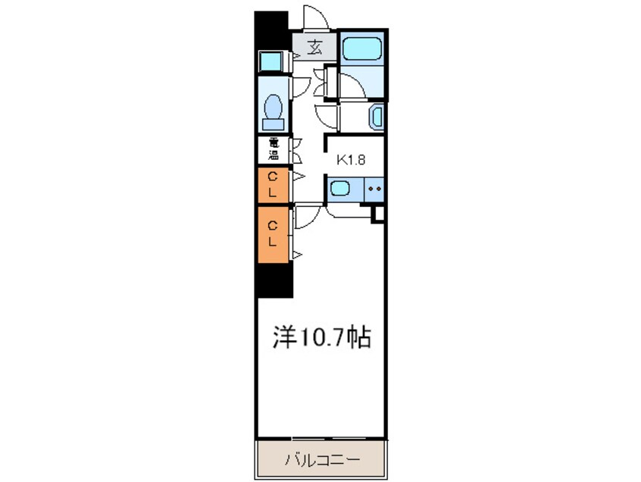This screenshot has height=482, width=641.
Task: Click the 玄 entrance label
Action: (314, 47)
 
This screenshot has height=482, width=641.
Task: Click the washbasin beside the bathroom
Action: (376, 117)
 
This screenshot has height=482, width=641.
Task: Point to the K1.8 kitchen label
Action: (351, 160)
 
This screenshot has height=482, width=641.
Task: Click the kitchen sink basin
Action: (341, 189)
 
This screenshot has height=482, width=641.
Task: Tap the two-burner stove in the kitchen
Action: (374, 188)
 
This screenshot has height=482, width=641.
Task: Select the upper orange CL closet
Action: (274, 186)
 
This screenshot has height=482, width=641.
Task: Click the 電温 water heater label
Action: (273, 149)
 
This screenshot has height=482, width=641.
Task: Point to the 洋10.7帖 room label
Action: (321, 337)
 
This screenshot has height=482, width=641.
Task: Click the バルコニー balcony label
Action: (321, 459)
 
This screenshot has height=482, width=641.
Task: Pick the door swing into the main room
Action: (306, 218)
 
